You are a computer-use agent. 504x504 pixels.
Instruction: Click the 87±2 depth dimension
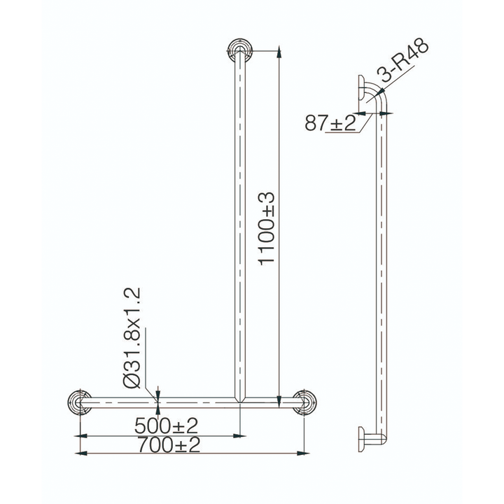330,122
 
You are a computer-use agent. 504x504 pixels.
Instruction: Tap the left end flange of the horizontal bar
80,402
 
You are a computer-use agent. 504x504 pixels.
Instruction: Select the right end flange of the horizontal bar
304,402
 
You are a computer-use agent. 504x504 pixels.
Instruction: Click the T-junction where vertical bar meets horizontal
240,400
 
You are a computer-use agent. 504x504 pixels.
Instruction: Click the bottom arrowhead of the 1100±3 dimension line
279,398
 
